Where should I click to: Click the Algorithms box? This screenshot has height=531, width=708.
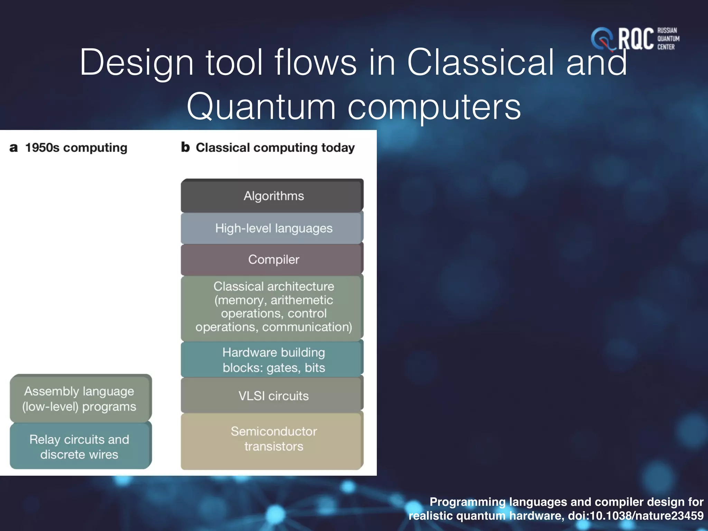(272, 196)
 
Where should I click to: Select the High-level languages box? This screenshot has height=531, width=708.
(272, 228)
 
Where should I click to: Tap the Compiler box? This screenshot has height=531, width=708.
(272, 259)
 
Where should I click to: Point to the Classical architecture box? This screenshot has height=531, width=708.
(272, 307)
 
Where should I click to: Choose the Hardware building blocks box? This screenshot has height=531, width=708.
(272, 360)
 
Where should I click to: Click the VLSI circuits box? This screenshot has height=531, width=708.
(272, 395)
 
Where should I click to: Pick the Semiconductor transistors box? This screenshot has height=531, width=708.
(272, 439)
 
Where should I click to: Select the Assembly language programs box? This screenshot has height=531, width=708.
(80, 399)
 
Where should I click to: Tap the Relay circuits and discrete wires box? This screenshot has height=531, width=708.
(80, 446)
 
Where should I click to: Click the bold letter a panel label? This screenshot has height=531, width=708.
(13, 148)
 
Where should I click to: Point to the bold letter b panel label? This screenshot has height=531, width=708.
(185, 147)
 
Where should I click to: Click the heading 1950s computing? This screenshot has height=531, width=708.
(76, 148)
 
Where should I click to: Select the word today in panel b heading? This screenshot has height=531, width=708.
(338, 148)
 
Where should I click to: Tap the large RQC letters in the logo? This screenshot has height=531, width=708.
(635, 39)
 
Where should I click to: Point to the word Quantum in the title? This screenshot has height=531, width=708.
(261, 106)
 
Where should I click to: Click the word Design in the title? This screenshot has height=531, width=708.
(136, 62)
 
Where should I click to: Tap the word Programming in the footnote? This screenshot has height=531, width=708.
(467, 502)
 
